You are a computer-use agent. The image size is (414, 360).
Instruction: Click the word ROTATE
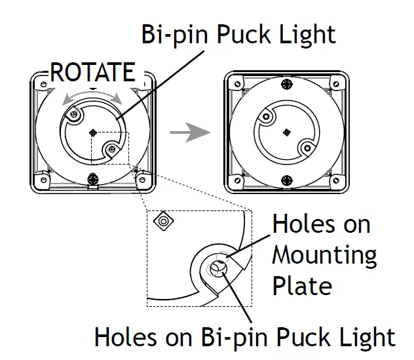click(92, 72)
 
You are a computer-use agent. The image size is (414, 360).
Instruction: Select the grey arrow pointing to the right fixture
click(190, 132)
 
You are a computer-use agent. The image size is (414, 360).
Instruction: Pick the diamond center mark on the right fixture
click(286, 132)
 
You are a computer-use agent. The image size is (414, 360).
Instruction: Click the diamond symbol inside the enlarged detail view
click(162, 222)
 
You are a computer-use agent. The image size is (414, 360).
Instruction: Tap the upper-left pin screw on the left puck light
click(75, 115)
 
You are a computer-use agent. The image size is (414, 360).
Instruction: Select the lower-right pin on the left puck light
click(112, 150)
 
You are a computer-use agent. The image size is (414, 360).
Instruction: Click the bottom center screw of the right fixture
click(286, 179)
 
